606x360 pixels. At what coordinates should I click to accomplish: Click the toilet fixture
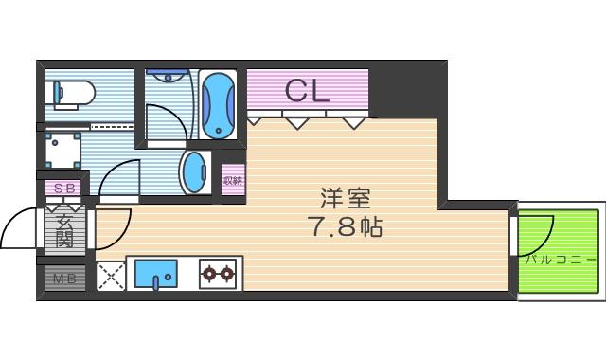(71, 92)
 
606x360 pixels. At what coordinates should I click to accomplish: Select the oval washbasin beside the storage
(196, 172)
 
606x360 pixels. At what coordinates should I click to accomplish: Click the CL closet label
(307, 91)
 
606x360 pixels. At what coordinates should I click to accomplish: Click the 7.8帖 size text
(345, 227)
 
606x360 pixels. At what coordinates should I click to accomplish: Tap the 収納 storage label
(232, 179)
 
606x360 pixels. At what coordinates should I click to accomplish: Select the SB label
(64, 188)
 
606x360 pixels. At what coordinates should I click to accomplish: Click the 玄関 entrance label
(64, 230)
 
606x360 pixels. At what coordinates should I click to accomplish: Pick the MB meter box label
(64, 279)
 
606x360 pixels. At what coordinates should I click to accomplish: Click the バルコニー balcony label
(561, 259)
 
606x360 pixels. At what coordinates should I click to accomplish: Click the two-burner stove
(218, 275)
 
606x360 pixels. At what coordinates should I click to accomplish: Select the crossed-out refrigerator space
(110, 276)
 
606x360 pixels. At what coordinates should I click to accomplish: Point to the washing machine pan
(64, 150)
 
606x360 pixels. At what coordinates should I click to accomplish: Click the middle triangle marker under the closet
(297, 121)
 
